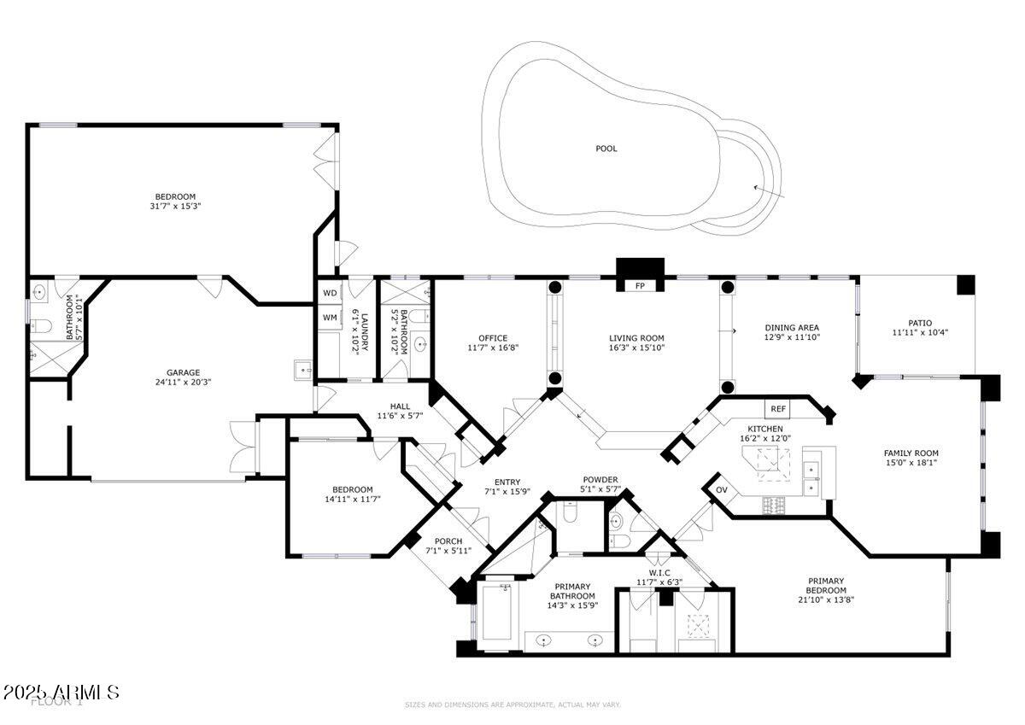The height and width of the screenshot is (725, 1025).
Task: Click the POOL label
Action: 606,149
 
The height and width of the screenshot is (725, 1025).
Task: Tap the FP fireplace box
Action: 640,286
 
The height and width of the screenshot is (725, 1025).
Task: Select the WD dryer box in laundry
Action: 331,293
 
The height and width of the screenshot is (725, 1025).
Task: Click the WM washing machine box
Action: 331,318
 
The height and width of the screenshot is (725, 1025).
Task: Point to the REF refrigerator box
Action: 778,410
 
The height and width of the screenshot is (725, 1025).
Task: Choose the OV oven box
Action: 721,490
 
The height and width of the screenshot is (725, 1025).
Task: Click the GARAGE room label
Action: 183,372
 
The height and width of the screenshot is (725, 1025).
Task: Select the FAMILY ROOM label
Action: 911,453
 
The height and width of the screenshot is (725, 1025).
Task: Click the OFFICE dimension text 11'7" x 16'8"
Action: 493,348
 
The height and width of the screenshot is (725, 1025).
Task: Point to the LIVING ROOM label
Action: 636,338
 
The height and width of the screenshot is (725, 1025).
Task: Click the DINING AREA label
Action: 792,327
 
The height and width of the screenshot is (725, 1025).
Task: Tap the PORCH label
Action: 448,541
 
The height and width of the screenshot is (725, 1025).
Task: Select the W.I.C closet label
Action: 659,573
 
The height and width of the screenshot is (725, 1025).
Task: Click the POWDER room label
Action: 600,479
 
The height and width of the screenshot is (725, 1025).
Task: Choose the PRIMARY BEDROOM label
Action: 826,585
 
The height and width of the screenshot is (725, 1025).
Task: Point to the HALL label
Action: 400,406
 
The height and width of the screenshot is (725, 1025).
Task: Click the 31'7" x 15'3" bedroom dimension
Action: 174,206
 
